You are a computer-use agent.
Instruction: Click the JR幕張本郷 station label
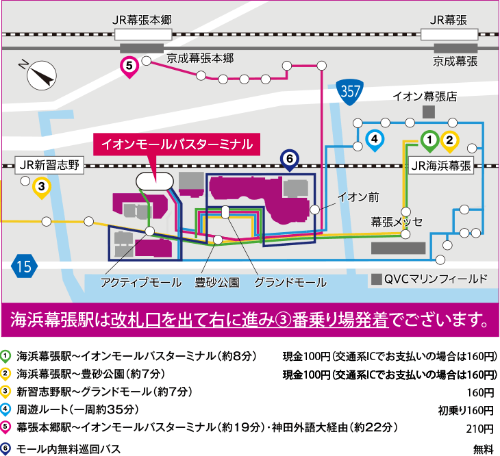[x=142, y=20]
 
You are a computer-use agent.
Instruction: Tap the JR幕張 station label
[x=449, y=20]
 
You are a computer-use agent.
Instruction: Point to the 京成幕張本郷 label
[x=201, y=58]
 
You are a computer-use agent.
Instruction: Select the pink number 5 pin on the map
[x=129, y=66]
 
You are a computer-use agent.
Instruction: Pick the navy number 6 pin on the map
[x=289, y=160]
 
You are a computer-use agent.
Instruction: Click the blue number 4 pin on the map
[x=374, y=140]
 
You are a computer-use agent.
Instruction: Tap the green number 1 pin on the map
[x=429, y=141]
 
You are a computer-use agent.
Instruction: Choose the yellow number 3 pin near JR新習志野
[x=42, y=186]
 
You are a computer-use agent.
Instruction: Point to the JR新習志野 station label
[x=49, y=165]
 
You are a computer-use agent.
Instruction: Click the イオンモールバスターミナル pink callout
[x=177, y=145]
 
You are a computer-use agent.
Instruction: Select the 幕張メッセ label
[x=397, y=222]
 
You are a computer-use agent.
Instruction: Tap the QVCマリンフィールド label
[x=435, y=279]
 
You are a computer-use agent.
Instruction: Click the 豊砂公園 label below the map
[x=216, y=281]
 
